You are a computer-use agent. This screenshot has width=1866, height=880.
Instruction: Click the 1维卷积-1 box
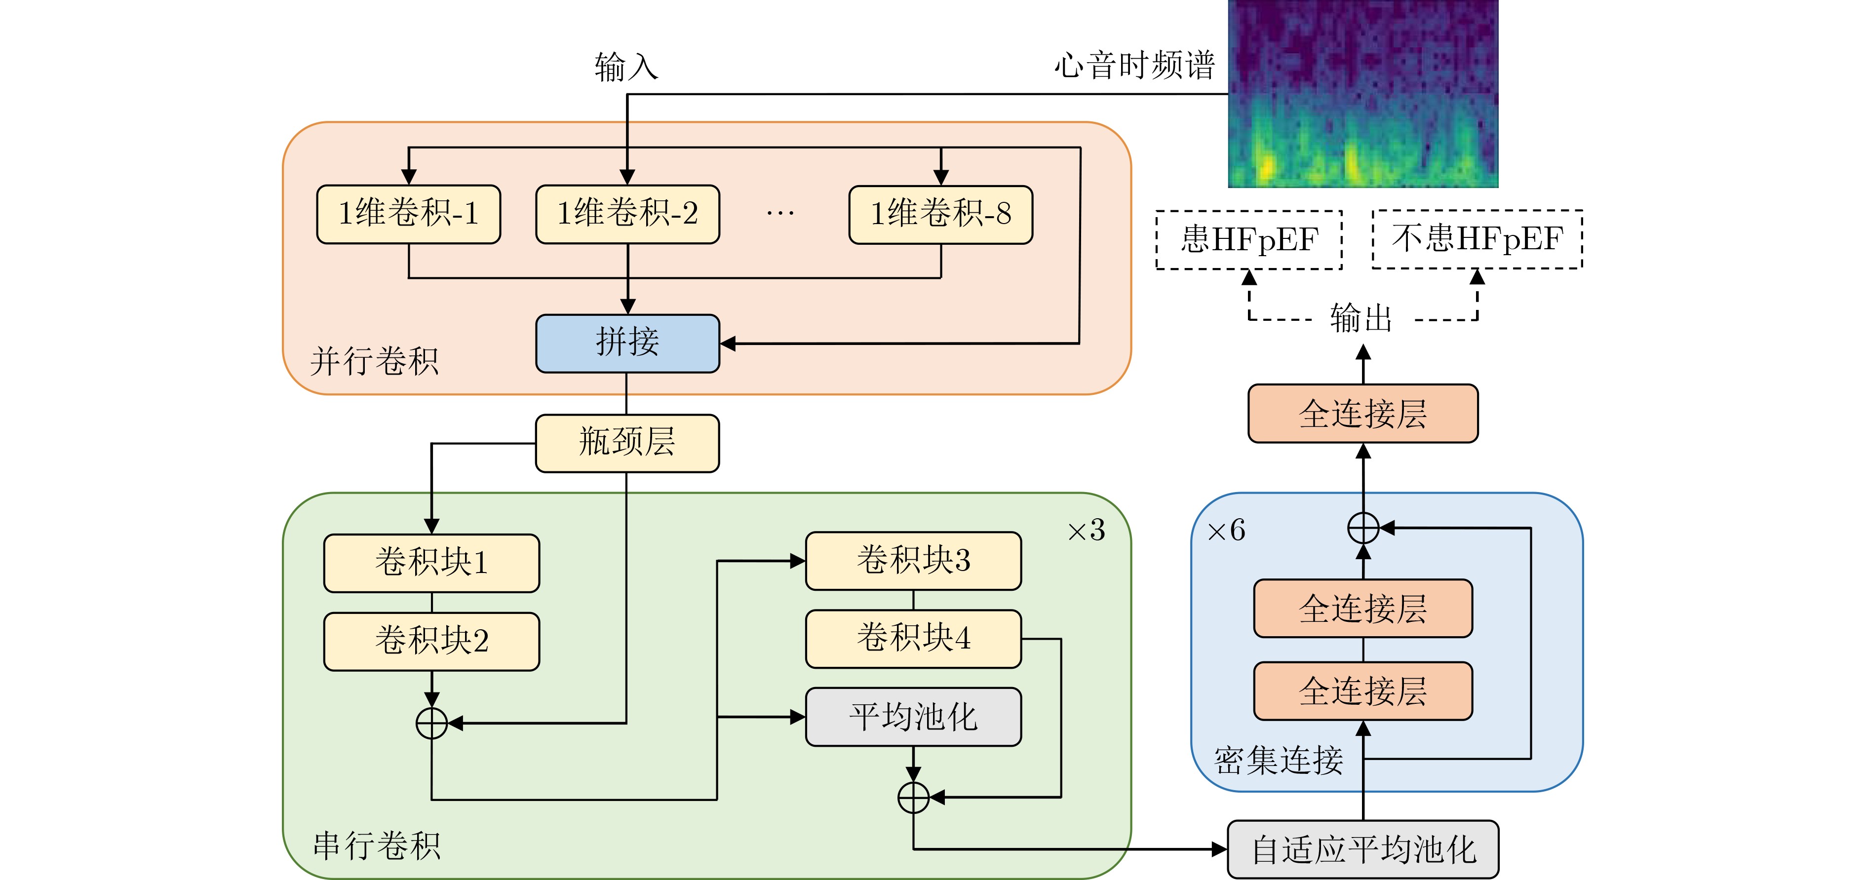pyautogui.click(x=409, y=214)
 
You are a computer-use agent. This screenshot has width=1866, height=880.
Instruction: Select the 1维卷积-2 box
pyautogui.click(x=627, y=214)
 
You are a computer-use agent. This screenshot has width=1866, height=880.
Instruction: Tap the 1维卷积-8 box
pyautogui.click(x=940, y=214)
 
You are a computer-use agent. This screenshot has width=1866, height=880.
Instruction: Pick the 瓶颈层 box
pyautogui.click(x=627, y=443)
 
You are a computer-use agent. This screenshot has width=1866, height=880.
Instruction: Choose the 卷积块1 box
pyautogui.click(x=432, y=563)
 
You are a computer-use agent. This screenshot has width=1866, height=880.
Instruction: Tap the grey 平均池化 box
pyautogui.click(x=913, y=716)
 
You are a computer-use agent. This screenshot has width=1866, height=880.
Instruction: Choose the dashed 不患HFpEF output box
pyautogui.click(x=1477, y=239)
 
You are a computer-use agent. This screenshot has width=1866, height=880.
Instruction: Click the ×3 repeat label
pyautogui.click(x=1087, y=531)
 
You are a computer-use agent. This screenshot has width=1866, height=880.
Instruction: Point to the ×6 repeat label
pyautogui.click(x=1226, y=531)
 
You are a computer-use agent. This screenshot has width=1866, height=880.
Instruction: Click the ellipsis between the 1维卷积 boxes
pyautogui.click(x=780, y=214)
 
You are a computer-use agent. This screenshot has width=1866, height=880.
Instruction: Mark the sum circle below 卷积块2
pyautogui.click(x=432, y=723)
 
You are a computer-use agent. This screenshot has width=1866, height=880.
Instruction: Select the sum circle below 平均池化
pyautogui.click(x=913, y=798)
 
